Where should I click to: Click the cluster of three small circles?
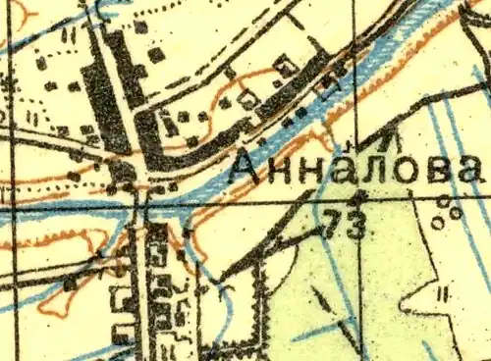[448, 209]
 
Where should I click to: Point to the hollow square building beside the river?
[284, 66]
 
